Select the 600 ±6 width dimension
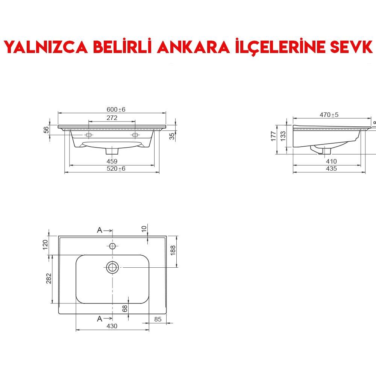pos(116,109)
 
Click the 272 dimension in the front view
pos(112,118)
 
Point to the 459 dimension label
pos(112,161)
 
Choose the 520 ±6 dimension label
pos(116,168)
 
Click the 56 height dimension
pos(46,129)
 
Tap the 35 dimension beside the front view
pos(172,136)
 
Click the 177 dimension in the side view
pos(274,136)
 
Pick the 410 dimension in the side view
pos(331,161)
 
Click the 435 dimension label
pos(331,168)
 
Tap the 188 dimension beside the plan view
pos(173,251)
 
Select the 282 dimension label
pos(49,279)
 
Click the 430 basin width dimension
pos(112,326)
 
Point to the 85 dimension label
pos(158,319)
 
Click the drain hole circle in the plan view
pos(112,267)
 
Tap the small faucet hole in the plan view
pos(112,246)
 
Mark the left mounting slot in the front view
pos(89,135)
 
